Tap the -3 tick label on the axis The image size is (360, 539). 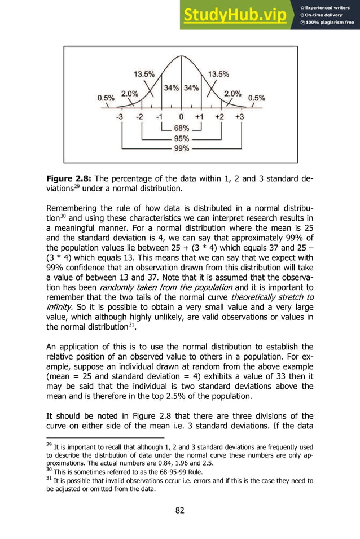pyautogui.click(x=120, y=117)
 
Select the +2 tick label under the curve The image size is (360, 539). pyautogui.click(x=219, y=117)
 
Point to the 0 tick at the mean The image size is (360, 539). pyautogui.click(x=181, y=117)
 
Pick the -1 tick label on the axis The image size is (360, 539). pyautogui.click(x=160, y=117)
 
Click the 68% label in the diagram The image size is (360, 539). pyautogui.click(x=181, y=128)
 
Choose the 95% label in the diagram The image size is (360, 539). pyautogui.click(x=181, y=138)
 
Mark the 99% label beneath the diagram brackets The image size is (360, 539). pyautogui.click(x=181, y=148)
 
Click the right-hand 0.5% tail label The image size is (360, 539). pyautogui.click(x=257, y=97)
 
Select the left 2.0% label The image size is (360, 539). pyautogui.click(x=130, y=94)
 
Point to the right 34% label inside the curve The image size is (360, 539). pyautogui.click(x=191, y=87)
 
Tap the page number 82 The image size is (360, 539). pyautogui.click(x=180, y=511)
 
